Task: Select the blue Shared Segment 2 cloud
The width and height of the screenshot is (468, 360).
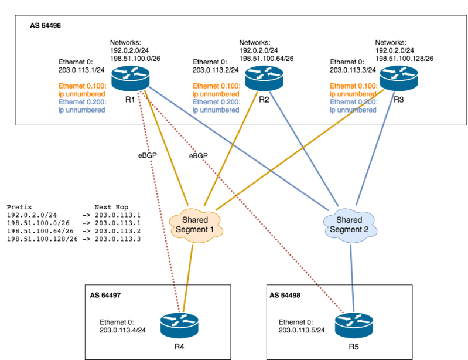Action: click(x=349, y=224)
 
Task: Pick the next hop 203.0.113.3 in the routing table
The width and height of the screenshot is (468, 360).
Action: click(x=121, y=239)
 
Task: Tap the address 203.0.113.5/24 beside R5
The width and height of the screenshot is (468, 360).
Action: click(x=302, y=330)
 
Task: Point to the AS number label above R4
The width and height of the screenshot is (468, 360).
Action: click(x=106, y=295)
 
